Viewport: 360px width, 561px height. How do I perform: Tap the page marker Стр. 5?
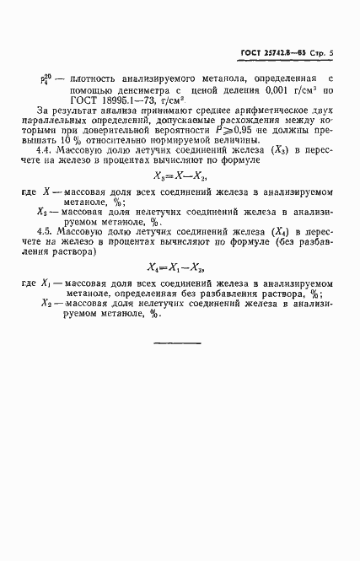321,54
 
